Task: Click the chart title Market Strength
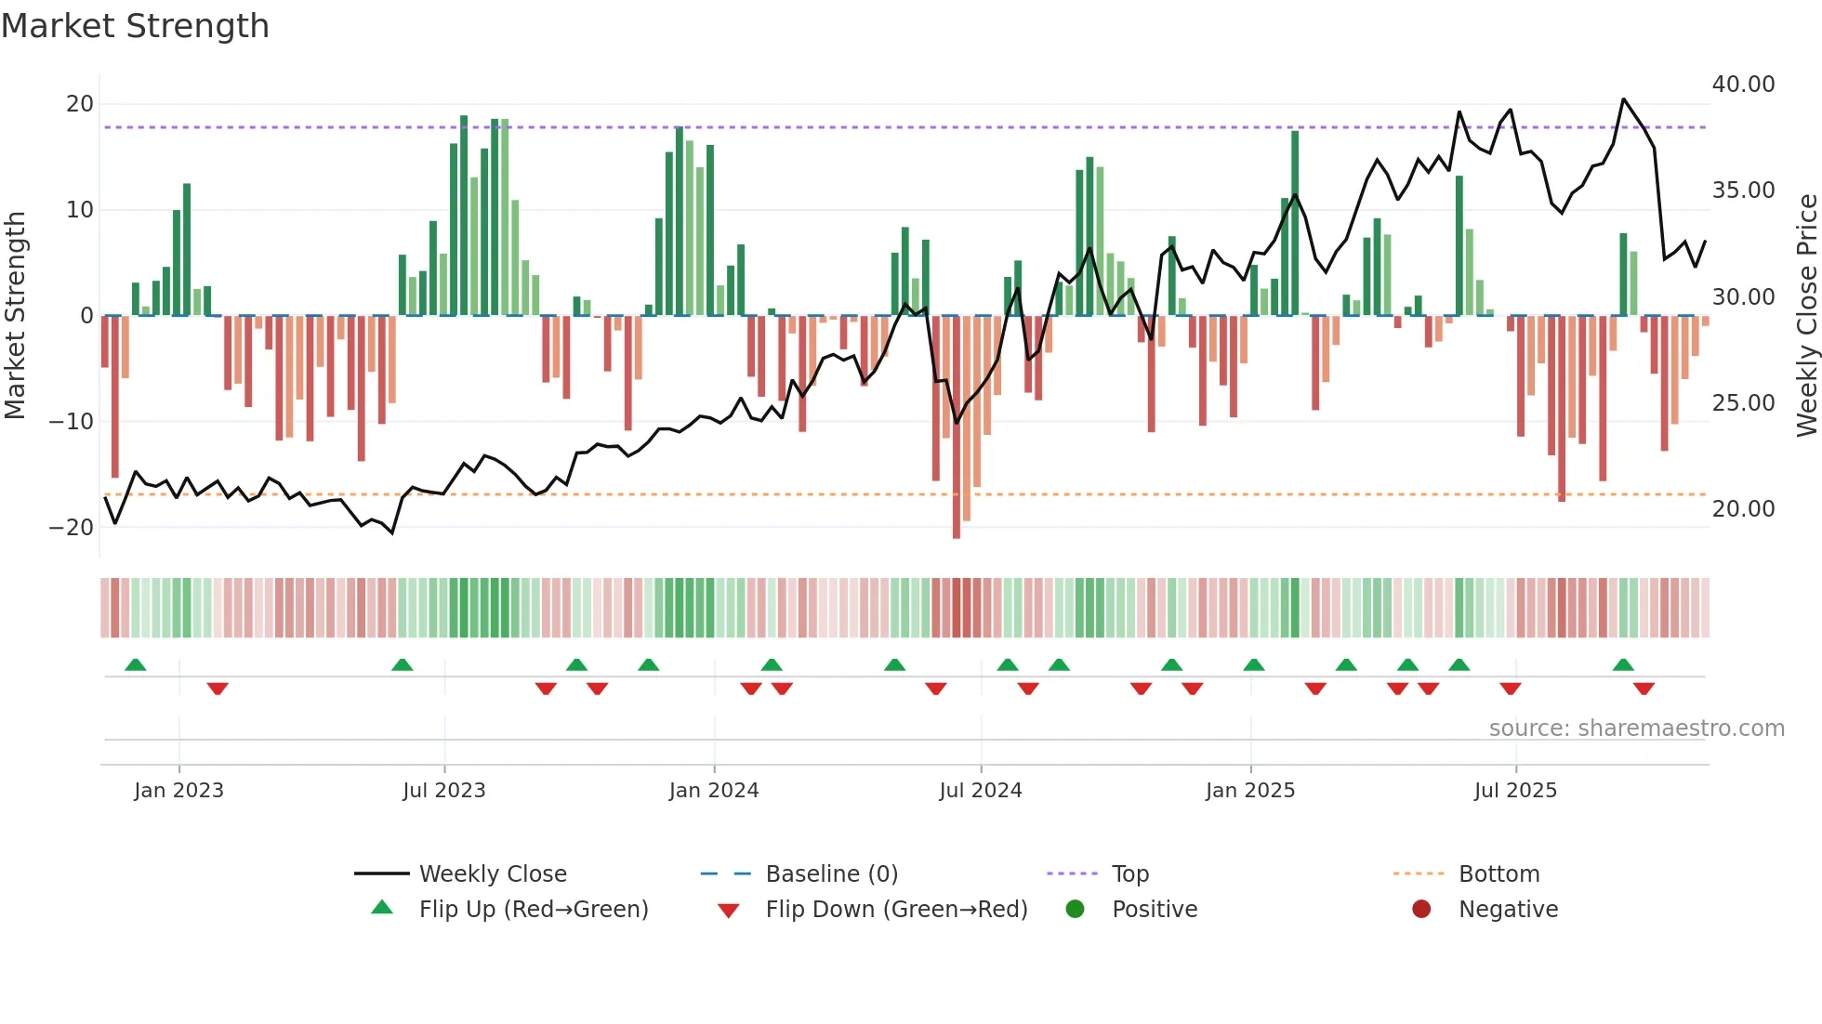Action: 135,26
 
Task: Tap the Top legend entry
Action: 1129,874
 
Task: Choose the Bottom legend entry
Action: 1499,874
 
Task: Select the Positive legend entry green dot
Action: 1076,910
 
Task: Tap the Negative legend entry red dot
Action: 1421,910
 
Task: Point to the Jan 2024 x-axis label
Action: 714,791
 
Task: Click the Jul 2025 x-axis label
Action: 1515,791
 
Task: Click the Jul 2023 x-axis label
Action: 444,791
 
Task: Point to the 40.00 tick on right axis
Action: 1743,85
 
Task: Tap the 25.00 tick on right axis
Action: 1743,403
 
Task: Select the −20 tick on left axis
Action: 72,528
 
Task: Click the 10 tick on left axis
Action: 80,210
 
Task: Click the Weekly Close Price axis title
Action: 1806,316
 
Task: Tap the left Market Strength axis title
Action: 16,316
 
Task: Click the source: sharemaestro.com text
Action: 1636,729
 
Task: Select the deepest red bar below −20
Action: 957,427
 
